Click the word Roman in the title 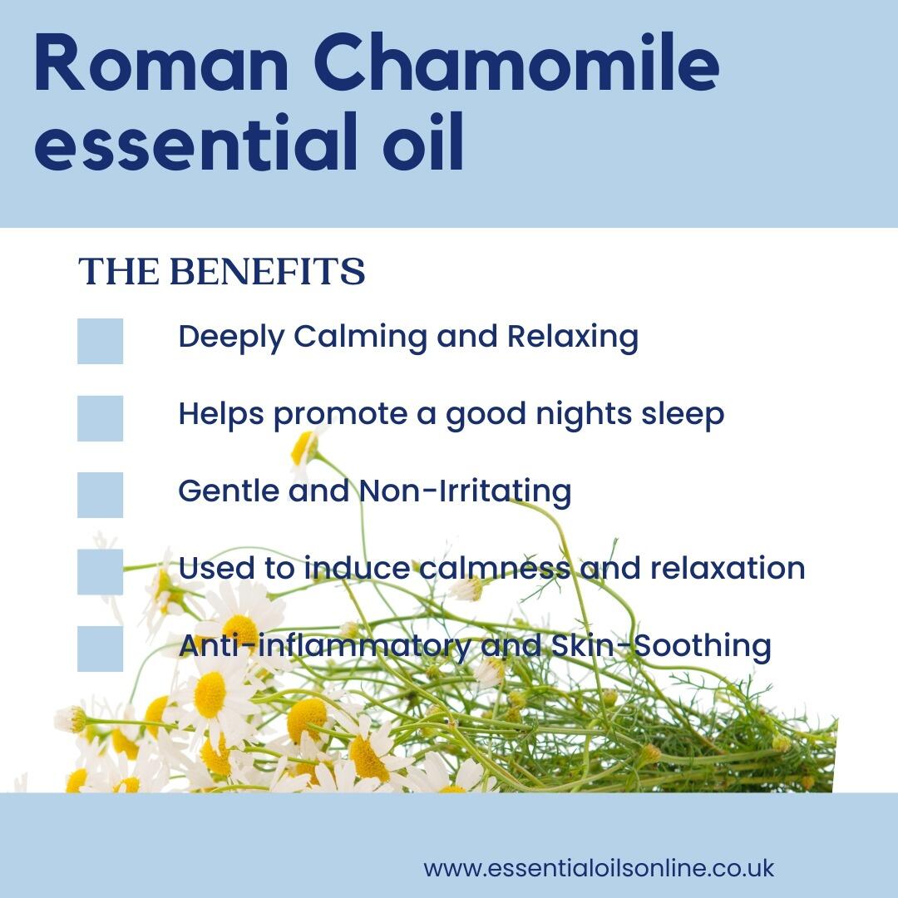(x=161, y=63)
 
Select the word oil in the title (x=423, y=141)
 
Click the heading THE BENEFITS (x=222, y=271)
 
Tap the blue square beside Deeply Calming (x=101, y=342)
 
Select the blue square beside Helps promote (x=101, y=418)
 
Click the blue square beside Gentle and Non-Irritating (x=101, y=496)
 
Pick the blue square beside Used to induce (x=101, y=572)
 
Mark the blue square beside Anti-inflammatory (x=101, y=649)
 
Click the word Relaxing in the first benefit (x=573, y=338)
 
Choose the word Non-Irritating (x=465, y=492)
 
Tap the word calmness (x=495, y=568)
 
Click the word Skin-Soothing (x=661, y=646)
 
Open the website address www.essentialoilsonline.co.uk (x=599, y=868)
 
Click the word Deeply (x=231, y=338)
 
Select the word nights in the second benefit (x=584, y=415)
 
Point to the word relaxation (x=728, y=568)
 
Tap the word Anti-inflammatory (x=325, y=646)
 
